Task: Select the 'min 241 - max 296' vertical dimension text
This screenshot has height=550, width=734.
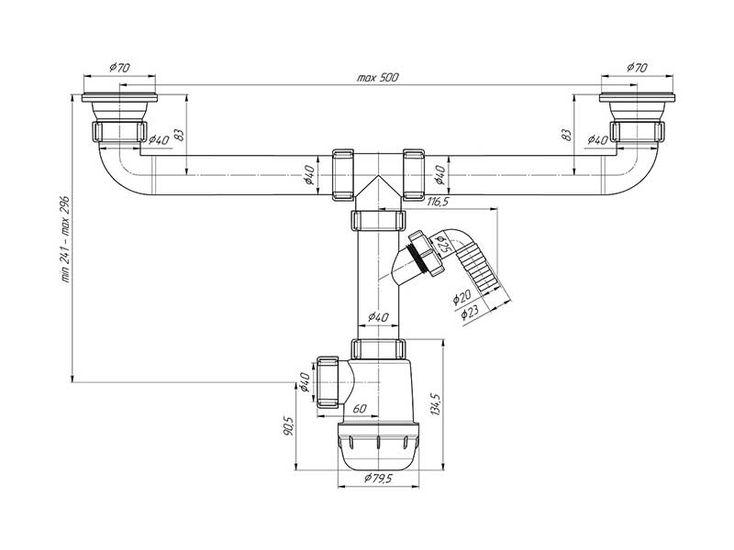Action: point(66,239)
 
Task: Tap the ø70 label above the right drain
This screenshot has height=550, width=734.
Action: point(637,67)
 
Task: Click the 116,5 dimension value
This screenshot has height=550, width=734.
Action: point(436,201)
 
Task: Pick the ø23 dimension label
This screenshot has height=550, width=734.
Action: point(472,312)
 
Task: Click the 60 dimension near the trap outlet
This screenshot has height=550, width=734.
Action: point(360,410)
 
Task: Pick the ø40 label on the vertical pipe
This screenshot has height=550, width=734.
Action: point(378,317)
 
